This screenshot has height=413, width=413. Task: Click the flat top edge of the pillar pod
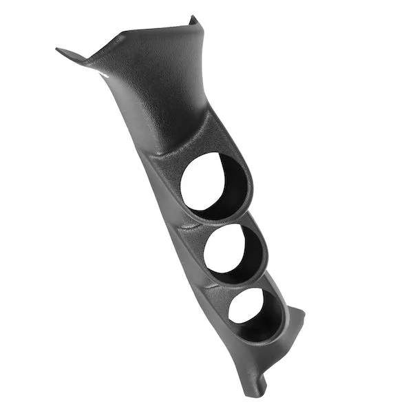point(151,31)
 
